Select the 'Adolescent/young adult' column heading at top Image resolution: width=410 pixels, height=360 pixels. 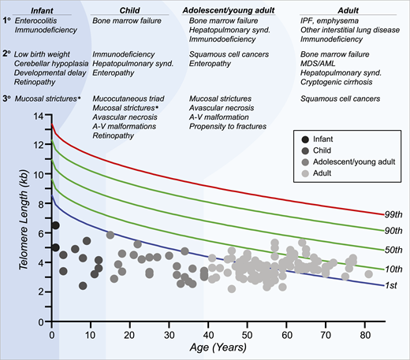228,7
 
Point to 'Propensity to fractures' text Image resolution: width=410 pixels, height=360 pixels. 229,125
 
